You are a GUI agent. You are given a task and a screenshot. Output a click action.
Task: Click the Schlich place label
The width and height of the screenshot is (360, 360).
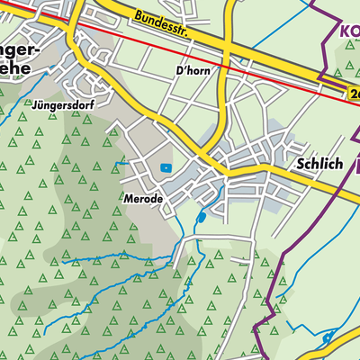(x=319, y=166)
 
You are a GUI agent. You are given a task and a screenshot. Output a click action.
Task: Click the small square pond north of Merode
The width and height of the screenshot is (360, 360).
(x=165, y=167)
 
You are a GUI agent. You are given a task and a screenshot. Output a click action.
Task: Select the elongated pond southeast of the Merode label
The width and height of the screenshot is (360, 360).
(x=201, y=217)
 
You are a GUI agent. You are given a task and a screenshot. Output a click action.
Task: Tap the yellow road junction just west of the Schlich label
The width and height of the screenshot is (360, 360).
(x=267, y=167)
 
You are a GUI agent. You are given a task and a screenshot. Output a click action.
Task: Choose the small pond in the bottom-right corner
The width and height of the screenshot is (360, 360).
(x=328, y=337)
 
